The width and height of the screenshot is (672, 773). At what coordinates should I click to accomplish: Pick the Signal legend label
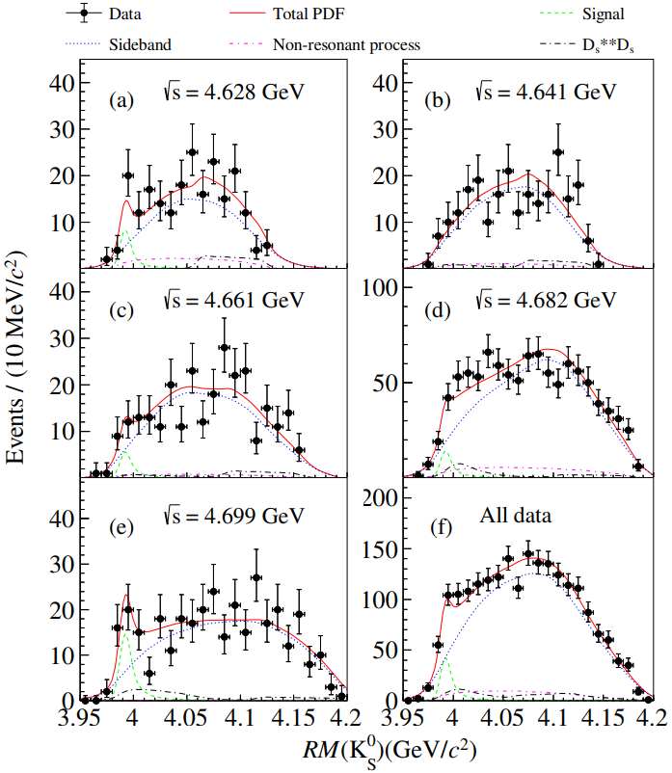pos(598,14)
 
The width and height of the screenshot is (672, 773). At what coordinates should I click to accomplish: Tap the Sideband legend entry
pos(126,43)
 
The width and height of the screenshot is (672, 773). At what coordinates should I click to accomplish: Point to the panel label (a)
pos(122,99)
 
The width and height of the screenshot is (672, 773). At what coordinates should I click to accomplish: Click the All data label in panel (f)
pos(515,517)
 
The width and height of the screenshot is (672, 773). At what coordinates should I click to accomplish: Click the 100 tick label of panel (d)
pos(383,288)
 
